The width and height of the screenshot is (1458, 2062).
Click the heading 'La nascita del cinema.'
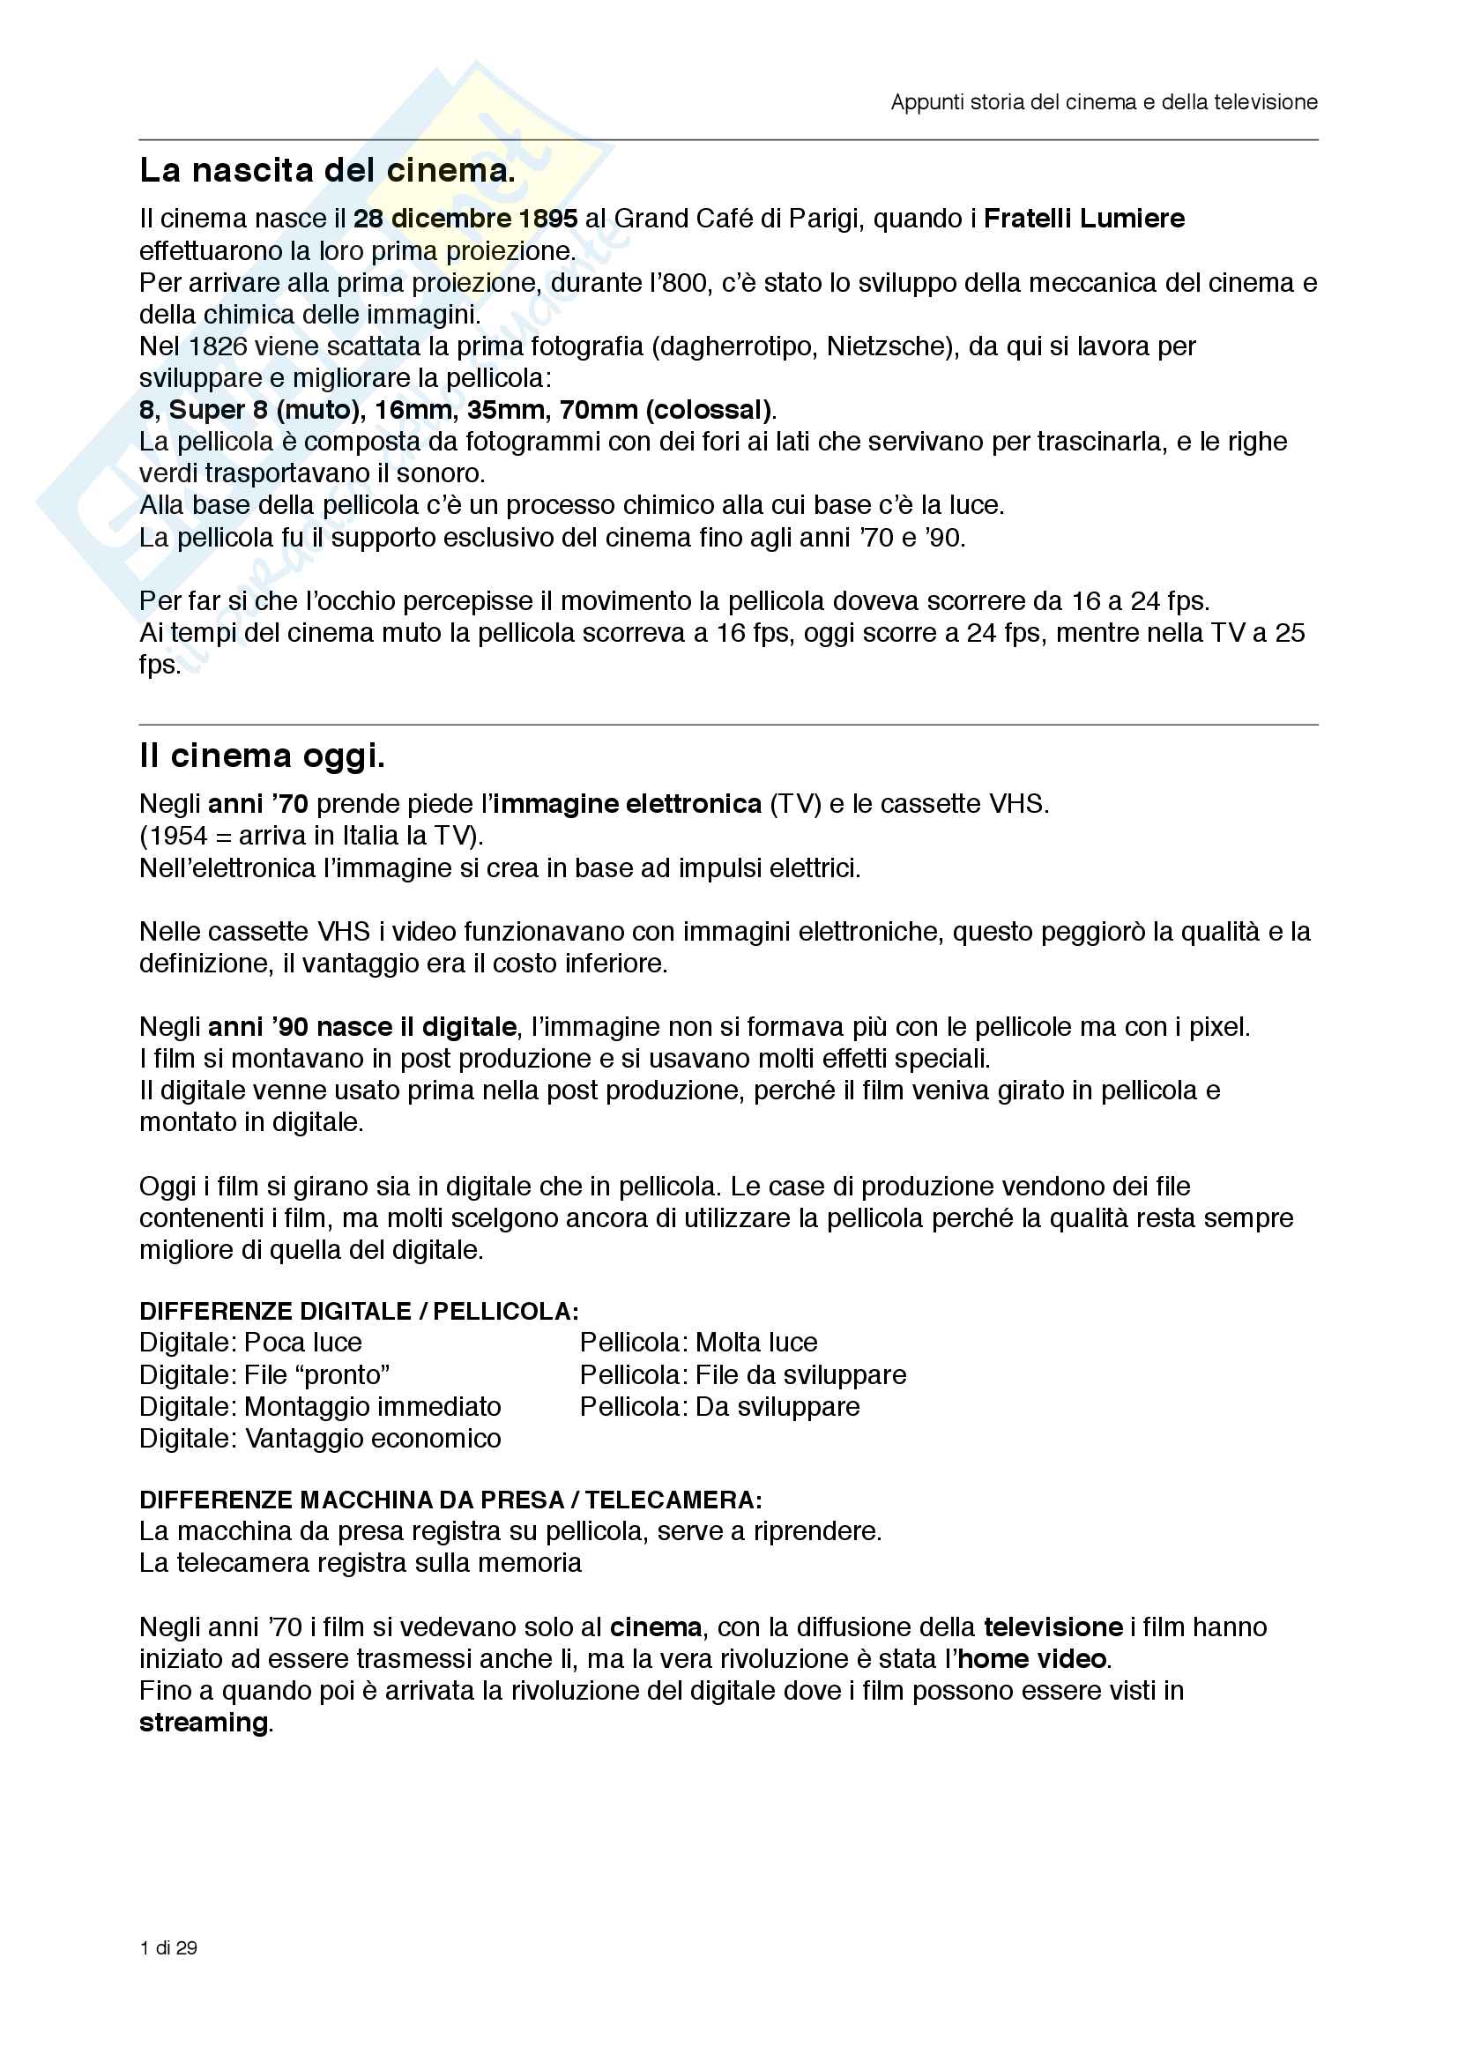327,170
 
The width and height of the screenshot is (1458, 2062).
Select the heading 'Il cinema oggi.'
261,756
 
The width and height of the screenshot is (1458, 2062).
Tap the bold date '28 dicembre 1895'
465,219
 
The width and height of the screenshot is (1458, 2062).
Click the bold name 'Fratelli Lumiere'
1083,219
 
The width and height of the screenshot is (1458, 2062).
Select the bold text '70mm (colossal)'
665,410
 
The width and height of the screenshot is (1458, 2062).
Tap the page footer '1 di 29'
168,1947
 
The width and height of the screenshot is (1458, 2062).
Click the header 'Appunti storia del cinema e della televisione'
1104,102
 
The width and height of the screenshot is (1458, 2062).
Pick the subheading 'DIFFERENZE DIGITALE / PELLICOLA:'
358,1311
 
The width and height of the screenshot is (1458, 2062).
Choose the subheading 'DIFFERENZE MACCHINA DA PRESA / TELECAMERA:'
450,1500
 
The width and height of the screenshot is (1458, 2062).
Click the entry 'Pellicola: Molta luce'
698,1343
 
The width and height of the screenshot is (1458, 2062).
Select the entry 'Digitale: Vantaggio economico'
320,1438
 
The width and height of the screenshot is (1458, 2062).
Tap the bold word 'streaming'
204,1723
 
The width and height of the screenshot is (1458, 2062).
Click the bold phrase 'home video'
1031,1659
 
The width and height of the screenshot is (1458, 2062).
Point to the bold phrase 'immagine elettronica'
627,803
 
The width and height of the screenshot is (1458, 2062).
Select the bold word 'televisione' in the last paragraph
1053,1627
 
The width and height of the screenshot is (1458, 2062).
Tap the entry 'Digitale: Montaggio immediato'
320,1406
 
